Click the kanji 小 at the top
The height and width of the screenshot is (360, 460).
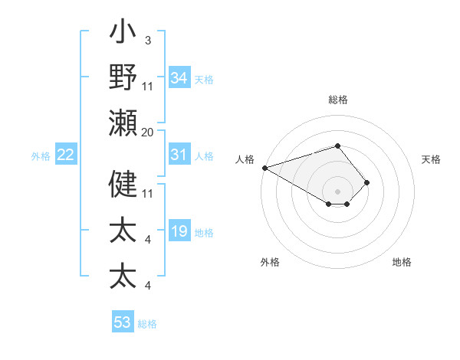[123, 34]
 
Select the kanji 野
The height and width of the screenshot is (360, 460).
[123, 77]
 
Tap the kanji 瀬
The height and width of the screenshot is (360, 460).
[123, 123]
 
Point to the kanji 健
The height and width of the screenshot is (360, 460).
[123, 184]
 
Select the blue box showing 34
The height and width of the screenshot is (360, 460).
[179, 77]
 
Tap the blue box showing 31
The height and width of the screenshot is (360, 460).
[179, 155]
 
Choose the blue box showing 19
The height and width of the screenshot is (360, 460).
[179, 232]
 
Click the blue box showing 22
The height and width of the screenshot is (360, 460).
[66, 155]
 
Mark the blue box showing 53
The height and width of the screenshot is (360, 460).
[123, 322]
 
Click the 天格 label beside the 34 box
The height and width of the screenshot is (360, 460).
[204, 79]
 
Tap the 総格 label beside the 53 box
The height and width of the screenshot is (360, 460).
[147, 324]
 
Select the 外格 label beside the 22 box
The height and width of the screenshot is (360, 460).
[41, 156]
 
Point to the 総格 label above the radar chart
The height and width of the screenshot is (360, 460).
[337, 100]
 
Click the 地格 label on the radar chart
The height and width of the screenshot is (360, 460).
[402, 262]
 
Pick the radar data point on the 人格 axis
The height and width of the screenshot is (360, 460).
[264, 168]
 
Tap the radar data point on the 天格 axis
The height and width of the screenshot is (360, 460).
[367, 182]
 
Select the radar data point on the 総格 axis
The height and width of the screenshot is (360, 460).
[337, 146]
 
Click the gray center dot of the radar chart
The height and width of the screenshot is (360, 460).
[337, 191]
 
